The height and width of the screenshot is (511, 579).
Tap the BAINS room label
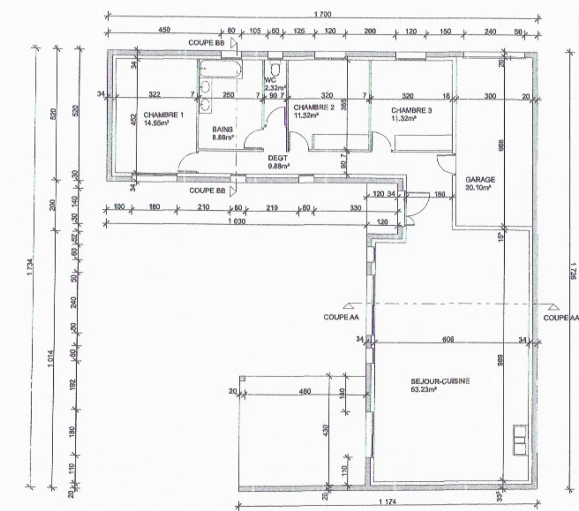pos(222,129)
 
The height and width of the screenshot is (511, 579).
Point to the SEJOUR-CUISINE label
pos(440,381)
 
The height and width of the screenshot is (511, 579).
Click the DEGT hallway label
pos(277,159)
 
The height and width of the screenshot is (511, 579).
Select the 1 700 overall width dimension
pos(323,14)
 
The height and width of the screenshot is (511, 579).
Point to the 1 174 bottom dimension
pos(388,501)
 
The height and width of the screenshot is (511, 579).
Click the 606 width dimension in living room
pos(448,339)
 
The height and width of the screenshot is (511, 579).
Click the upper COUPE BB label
pos(206,43)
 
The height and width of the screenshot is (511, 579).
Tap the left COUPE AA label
pos(341,317)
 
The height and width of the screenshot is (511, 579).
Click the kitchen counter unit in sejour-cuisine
pos(520,440)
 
